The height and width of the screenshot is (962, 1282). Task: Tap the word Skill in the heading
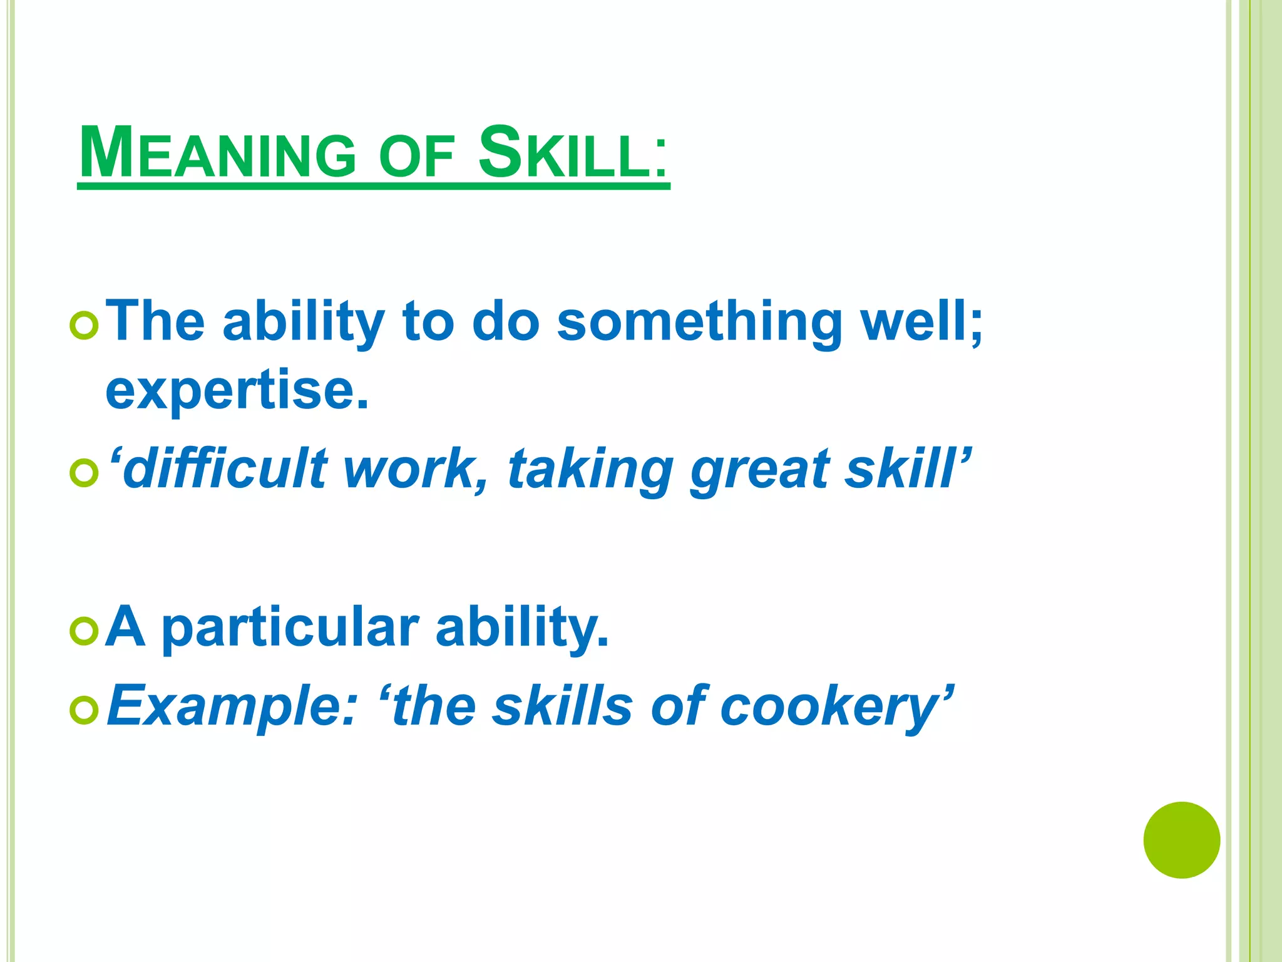pos(572,153)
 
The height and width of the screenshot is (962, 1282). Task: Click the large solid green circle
pos(1181,840)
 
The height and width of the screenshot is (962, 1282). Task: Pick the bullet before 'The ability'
pos(84,326)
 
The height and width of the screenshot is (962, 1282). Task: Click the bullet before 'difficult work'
pos(84,473)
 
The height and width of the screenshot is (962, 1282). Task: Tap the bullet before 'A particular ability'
pos(84,630)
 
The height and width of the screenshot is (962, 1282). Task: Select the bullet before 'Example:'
pos(84,710)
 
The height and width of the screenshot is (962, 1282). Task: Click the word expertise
pos(237,391)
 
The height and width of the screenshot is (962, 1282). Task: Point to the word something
pos(699,322)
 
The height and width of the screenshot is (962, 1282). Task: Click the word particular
pos(290,629)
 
